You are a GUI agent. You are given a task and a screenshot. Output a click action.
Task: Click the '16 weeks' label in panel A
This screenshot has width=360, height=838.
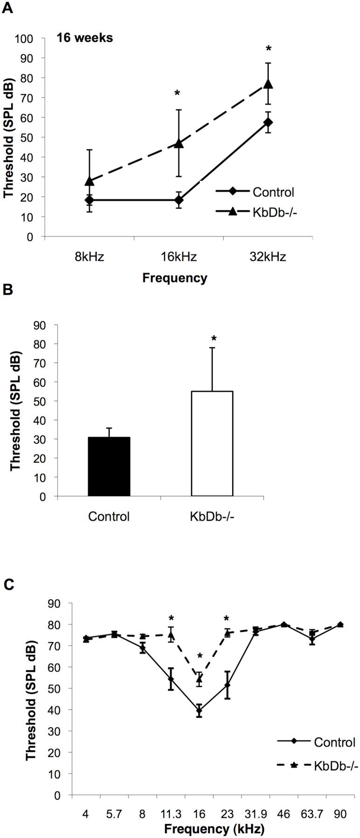coord(85,38)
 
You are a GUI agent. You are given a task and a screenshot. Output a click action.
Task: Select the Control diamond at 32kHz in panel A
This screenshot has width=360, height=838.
coord(268,122)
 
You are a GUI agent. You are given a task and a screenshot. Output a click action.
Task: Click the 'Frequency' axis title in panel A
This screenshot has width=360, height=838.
coord(175,278)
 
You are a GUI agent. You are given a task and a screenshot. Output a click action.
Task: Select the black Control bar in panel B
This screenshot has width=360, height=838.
coord(109,466)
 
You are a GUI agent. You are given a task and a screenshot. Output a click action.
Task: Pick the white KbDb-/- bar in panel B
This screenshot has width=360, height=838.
coord(212,443)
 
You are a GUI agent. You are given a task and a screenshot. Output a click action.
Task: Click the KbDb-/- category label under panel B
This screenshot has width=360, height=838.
coord(212,517)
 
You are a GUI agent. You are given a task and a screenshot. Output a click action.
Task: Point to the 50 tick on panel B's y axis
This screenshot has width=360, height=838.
coord(44,401)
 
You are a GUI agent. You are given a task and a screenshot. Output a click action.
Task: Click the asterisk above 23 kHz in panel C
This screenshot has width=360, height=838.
coord(227,619)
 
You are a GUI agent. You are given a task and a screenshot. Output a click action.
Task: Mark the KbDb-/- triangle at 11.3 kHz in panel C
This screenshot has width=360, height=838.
coord(171,635)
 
